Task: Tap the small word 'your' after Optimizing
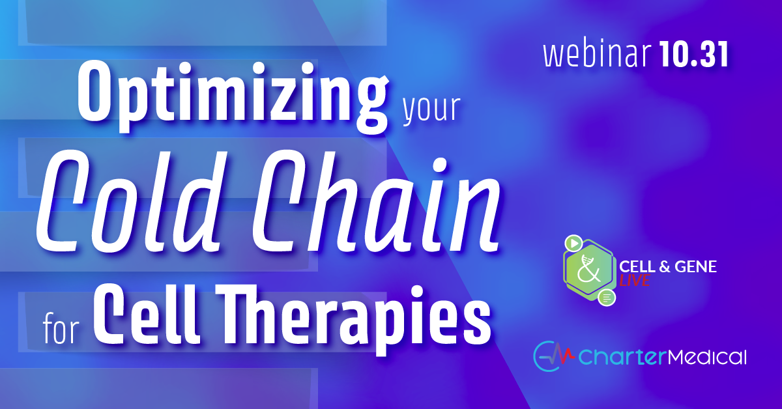(x=431, y=108)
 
